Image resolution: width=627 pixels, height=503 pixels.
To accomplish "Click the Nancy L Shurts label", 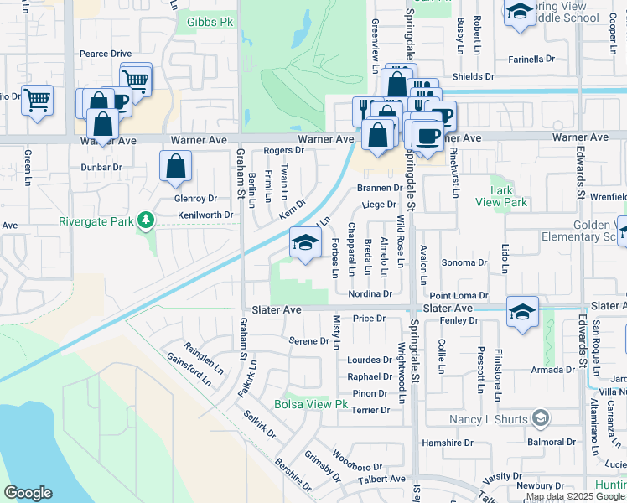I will click(489, 419).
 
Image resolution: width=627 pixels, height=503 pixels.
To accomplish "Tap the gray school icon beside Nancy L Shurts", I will click(541, 417).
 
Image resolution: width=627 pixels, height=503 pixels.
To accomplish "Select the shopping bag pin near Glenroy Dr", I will click(175, 167).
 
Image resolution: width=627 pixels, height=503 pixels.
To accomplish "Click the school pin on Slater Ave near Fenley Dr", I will click(521, 311).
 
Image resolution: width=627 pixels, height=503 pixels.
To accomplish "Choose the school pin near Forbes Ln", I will click(305, 244).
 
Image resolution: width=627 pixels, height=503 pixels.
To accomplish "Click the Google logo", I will click(28, 493).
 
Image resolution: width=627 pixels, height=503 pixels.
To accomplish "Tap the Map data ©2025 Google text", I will click(575, 497).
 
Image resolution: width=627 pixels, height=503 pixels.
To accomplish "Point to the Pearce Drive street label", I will click(106, 54).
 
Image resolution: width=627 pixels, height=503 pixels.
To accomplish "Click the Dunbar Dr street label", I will click(101, 167).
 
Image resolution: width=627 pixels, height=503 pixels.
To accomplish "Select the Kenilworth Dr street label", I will click(205, 215).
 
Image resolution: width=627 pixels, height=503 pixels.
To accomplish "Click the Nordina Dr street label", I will click(370, 293).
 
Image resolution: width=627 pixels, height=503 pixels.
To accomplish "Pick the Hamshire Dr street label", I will click(448, 442).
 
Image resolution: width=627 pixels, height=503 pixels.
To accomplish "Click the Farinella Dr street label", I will click(532, 60).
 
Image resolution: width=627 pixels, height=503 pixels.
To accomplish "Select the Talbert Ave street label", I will click(382, 479).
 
